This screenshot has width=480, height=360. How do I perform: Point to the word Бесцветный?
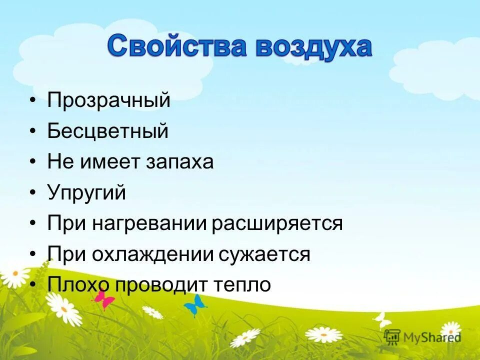pos(108,131)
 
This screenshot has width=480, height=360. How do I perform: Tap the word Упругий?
pos(86,193)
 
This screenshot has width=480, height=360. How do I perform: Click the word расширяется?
pos(277,223)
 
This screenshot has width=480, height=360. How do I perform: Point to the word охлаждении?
pos(154,254)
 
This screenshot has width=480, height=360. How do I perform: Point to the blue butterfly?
pos(195,305)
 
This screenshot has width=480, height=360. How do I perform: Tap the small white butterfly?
pos(382,318)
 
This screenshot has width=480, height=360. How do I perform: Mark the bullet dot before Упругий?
pos(33,193)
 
